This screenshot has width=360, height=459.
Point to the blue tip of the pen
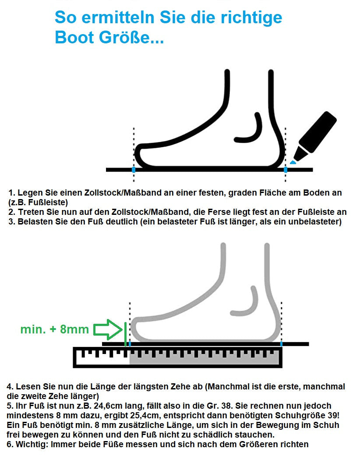click(x=293, y=162)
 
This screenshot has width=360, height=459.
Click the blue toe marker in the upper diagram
click(x=134, y=169)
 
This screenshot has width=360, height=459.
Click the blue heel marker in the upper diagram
click(x=286, y=169)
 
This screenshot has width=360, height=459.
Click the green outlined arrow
click(x=108, y=330)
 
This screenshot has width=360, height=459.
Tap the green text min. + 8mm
click(x=54, y=330)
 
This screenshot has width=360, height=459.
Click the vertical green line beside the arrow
click(x=125, y=334)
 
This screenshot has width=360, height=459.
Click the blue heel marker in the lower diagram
click(x=281, y=344)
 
